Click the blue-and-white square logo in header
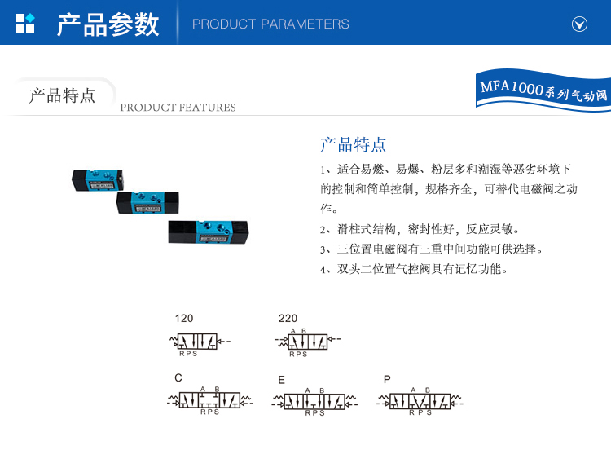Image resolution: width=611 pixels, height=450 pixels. tap(25, 23)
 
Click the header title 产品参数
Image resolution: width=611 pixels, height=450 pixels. tap(108, 24)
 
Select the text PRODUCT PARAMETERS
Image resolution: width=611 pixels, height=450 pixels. tap(270, 24)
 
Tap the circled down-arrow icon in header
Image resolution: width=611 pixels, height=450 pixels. tap(580, 24)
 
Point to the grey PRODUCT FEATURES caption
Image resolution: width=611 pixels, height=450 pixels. tap(178, 108)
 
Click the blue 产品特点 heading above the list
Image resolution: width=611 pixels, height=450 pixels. tap(353, 145)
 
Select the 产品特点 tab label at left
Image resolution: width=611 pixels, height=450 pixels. tap(62, 95)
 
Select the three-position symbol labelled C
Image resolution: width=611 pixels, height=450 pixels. tap(210, 401)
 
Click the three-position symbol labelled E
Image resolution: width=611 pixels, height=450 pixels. tap(315, 401)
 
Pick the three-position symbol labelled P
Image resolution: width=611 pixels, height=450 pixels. tap(419, 401)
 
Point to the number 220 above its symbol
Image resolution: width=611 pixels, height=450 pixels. tap(288, 318)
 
